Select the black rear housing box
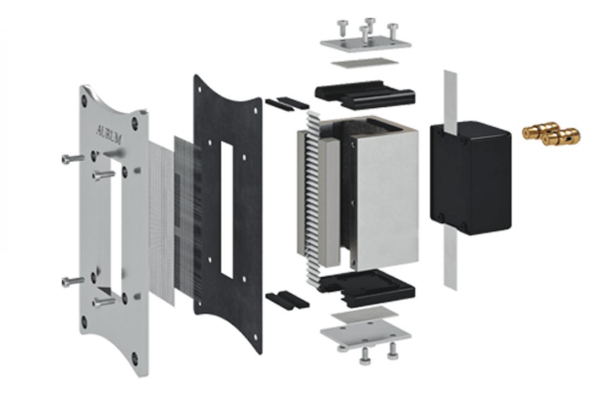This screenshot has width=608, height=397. click(x=471, y=178)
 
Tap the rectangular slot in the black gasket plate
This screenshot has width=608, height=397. click(x=227, y=210)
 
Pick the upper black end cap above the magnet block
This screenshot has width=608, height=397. click(x=365, y=95)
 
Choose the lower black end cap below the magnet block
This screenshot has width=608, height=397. click(x=366, y=288)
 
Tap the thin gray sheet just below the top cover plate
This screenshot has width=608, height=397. click(x=365, y=63)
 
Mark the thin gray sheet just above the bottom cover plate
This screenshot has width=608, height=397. click(x=365, y=314)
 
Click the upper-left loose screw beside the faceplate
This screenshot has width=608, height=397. click(x=73, y=159)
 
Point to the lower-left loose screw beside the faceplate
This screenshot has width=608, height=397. click(x=73, y=282)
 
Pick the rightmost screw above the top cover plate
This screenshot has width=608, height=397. click(x=392, y=31)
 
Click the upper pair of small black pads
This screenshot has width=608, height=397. click(x=287, y=104)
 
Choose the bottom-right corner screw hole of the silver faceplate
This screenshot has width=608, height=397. click(x=134, y=359)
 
